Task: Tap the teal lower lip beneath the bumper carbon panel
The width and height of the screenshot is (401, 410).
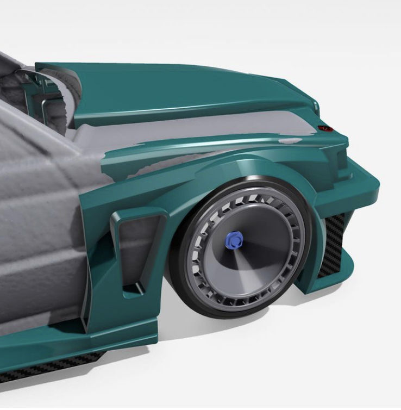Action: pos(326,283)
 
